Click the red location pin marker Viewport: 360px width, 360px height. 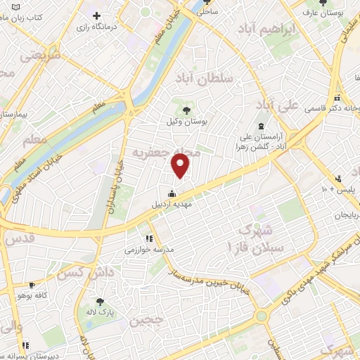point(181,166)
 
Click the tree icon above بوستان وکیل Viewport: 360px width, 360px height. point(186,110)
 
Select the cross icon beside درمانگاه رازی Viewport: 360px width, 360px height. point(96,15)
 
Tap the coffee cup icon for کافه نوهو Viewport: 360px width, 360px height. point(31,285)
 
